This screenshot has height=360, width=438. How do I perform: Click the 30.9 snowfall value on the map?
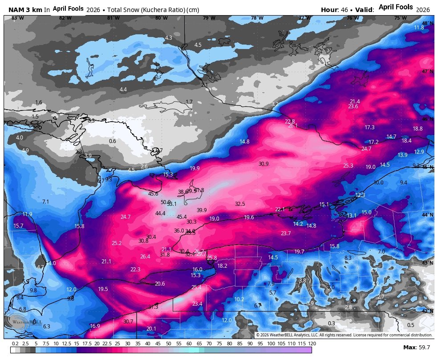(x=264, y=164)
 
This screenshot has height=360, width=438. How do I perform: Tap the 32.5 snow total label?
(x=240, y=204)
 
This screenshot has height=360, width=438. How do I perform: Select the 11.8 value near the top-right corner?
(x=419, y=28)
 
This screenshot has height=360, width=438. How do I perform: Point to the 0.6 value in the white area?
(x=112, y=141)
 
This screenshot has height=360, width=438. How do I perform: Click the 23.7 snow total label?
(x=286, y=233)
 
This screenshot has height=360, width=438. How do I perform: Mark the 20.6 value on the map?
(x=160, y=284)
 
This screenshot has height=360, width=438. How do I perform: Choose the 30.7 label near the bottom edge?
(x=128, y=322)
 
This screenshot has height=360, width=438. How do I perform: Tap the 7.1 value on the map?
(x=45, y=202)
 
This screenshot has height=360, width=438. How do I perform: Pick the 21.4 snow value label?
(x=355, y=102)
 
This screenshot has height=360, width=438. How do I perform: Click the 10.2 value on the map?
(x=239, y=299)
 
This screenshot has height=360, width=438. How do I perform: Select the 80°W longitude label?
(x=161, y=18)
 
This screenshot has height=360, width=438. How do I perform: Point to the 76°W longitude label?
(x=353, y=18)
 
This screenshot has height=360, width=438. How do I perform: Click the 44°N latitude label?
(x=428, y=215)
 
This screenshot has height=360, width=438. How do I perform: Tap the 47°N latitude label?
(x=428, y=72)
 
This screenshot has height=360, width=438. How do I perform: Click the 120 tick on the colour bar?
(x=312, y=344)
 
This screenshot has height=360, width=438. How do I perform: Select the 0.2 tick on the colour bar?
(x=15, y=344)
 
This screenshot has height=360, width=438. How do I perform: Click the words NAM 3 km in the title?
(x=25, y=10)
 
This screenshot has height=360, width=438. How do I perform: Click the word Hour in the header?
(x=329, y=10)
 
